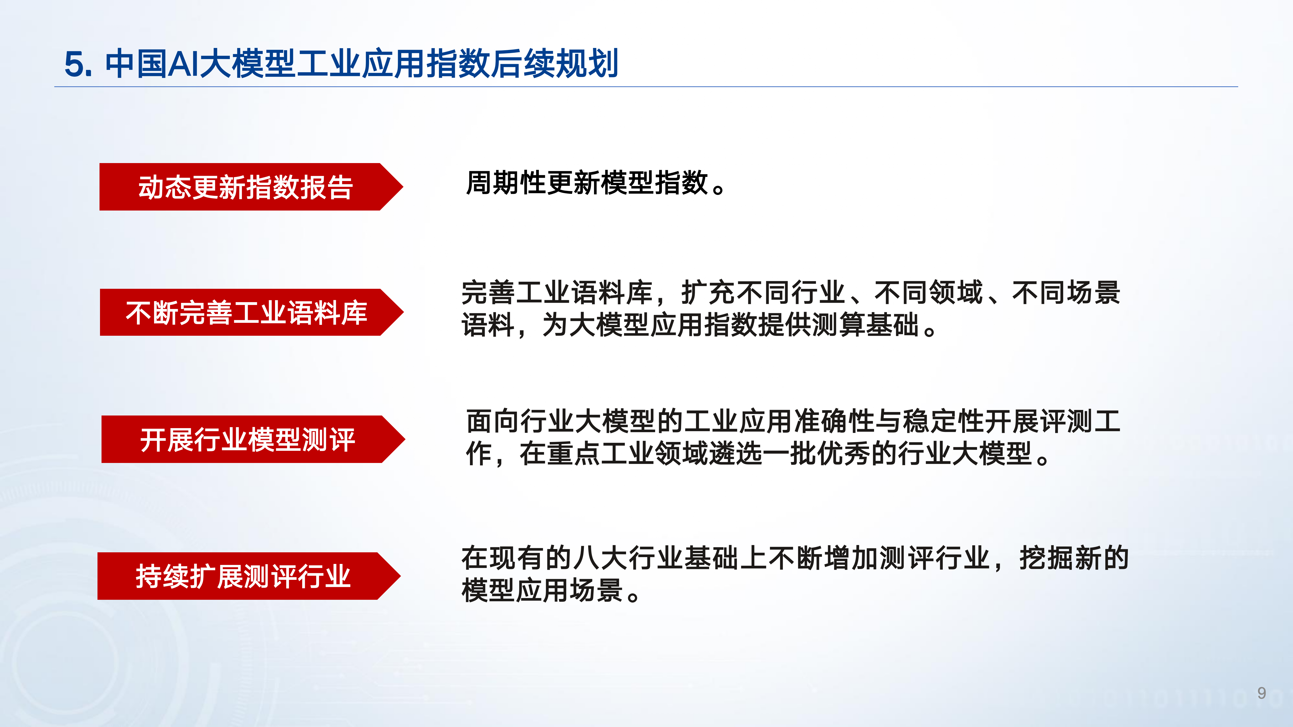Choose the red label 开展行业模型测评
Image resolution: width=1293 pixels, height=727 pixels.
tap(247, 439)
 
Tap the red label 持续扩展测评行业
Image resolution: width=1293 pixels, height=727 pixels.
tap(243, 576)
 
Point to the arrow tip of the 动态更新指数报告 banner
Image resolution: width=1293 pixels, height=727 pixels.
tap(403, 187)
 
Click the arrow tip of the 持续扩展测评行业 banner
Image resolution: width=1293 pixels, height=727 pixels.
tap(401, 576)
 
